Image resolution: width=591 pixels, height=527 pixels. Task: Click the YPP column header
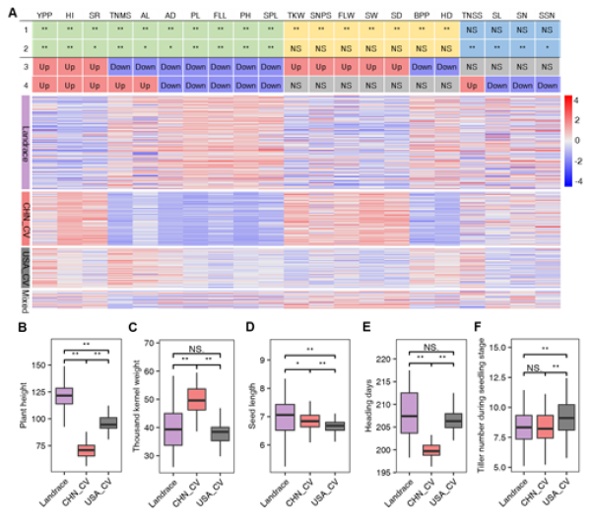tap(43, 17)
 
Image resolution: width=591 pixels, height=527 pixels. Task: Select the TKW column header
tap(295, 17)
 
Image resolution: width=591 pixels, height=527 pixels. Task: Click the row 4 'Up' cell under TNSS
tap(472, 86)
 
